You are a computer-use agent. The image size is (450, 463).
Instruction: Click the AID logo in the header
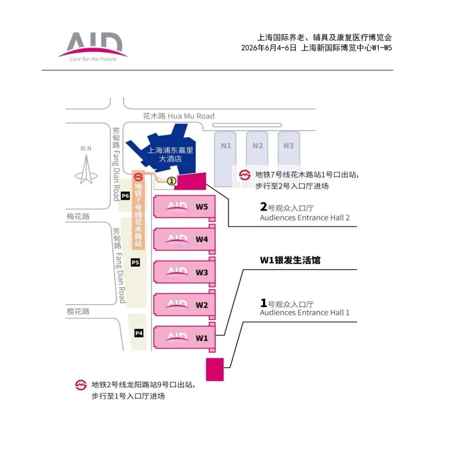[93, 47]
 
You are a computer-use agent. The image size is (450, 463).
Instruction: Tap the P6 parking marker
[125, 196]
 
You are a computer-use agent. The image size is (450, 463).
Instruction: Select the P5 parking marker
[135, 262]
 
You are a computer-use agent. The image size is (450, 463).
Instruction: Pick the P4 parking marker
[139, 333]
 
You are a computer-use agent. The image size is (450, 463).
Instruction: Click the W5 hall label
[202, 207]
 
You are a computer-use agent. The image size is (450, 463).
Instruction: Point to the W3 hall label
[202, 272]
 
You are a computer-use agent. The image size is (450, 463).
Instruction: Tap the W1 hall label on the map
[202, 338]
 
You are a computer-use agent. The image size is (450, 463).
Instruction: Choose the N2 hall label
[257, 146]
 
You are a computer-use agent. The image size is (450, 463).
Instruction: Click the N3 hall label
[288, 146]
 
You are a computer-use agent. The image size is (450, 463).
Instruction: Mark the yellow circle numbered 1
[171, 181]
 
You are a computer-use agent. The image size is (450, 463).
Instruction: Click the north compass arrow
[86, 169]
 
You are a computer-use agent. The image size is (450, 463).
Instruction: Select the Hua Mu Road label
[179, 116]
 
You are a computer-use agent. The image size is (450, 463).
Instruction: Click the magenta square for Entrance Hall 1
[215, 370]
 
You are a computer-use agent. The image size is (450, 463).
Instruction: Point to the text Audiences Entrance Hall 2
[305, 218]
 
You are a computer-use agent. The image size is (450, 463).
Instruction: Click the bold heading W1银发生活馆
[290, 260]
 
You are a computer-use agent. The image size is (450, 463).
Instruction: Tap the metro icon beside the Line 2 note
[81, 385]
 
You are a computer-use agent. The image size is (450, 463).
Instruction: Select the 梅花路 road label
[78, 216]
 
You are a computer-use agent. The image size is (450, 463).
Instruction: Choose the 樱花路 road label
[78, 311]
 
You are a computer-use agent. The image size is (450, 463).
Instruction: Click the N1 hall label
[226, 146]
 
